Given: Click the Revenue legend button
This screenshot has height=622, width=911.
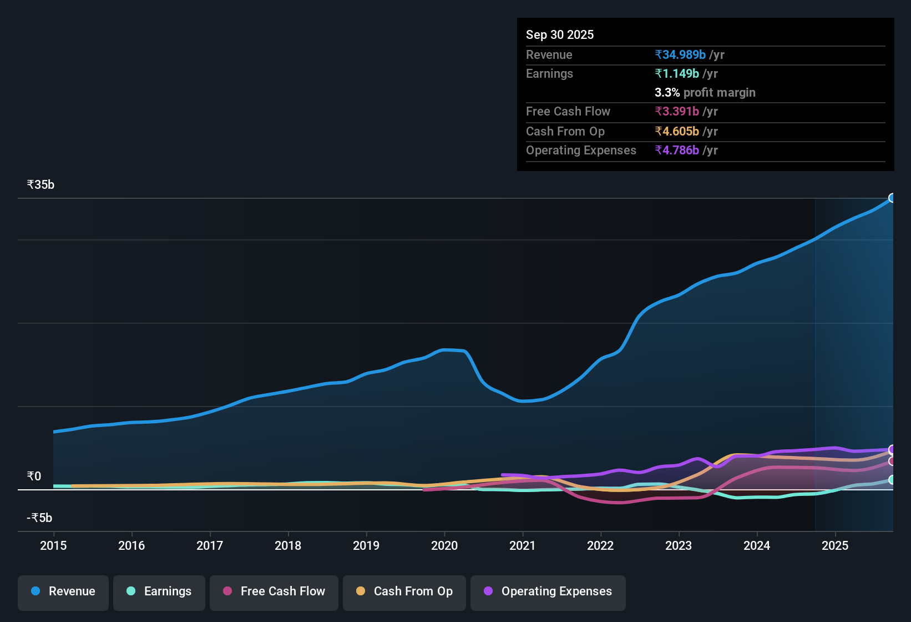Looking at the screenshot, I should coord(63,591).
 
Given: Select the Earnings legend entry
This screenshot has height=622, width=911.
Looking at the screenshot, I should coord(159,591).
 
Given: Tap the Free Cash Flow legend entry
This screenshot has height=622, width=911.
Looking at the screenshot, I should coord(274,591).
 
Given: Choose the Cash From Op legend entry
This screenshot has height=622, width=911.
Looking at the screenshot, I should coord(404,591).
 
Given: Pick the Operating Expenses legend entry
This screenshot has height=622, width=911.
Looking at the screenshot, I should coord(548,591).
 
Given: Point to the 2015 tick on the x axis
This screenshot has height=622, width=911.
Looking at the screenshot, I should coord(53,545).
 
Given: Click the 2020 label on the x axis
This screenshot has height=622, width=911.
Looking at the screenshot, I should coord(444,545).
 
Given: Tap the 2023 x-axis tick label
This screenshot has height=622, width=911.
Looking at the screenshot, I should coord(679,545).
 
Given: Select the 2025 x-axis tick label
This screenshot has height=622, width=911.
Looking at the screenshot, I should coord(835,545).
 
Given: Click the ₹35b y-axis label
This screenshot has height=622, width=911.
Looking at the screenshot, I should coord(41,185).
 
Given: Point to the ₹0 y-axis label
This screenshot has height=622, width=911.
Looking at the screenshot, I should coord(34,476).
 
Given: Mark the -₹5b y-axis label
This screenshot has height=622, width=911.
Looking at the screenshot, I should coord(39,518).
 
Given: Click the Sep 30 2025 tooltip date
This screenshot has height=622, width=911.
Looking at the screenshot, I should coord(560,34).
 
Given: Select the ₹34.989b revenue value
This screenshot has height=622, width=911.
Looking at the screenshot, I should coord(680,54).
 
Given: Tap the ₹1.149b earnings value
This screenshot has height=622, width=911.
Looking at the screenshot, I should coord(677,73).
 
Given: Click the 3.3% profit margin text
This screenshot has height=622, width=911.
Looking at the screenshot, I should coord(705,92).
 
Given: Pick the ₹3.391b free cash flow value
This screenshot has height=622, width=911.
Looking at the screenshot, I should coord(677,111).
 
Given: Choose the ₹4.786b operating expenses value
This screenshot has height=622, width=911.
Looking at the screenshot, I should coord(677,150).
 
